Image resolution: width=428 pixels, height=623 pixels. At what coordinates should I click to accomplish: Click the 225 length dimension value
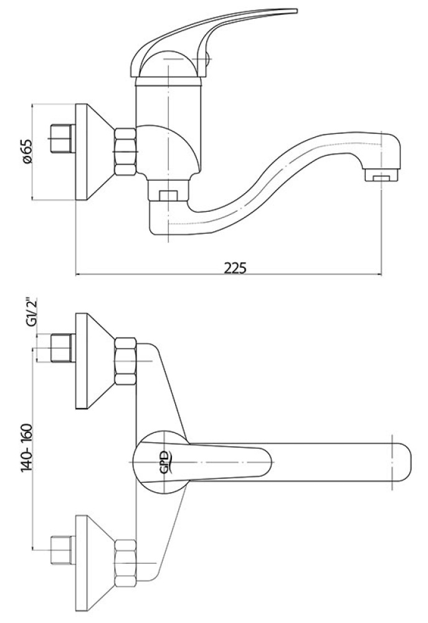coord(235,267)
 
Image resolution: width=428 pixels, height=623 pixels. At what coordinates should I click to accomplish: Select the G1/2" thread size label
coord(31,311)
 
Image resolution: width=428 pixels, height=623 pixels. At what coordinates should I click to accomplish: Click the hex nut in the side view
coord(126,151)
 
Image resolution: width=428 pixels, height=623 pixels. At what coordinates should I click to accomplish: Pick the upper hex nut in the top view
coord(126,361)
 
